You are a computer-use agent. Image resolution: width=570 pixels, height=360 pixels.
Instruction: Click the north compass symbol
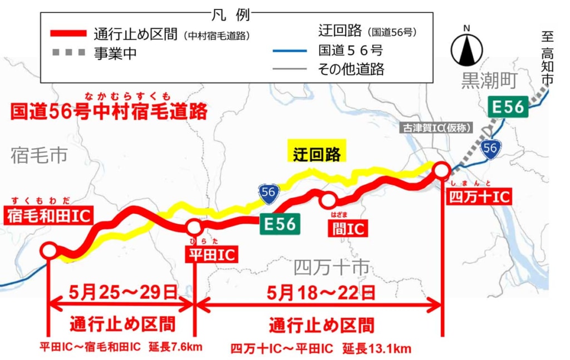(x=466, y=49)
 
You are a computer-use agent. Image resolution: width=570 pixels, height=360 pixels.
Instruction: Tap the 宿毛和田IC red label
(x=48, y=216)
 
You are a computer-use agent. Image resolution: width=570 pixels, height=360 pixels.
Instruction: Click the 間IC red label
(x=347, y=228)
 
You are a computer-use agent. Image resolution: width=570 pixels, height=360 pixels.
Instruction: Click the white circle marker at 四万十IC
(x=441, y=170)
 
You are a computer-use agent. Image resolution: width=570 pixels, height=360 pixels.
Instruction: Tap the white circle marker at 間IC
(x=328, y=200)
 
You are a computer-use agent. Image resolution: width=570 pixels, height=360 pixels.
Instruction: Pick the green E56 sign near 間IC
(x=279, y=224)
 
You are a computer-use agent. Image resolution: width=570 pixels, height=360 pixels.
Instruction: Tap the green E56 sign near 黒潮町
(x=508, y=107)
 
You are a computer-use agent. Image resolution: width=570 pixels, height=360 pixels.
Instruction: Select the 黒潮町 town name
(x=489, y=81)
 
